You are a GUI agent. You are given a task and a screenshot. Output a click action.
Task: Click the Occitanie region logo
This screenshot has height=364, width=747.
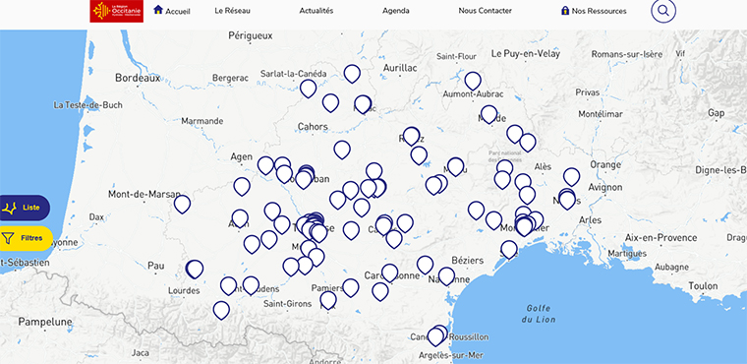pyautogui.click(x=116, y=12)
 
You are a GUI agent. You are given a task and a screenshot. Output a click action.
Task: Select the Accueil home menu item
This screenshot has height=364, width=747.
pyautogui.click(x=172, y=11)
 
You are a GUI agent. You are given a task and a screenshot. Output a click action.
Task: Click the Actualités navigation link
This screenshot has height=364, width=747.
pyautogui.click(x=316, y=11)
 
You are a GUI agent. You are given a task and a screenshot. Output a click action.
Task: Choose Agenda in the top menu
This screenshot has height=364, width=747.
pyautogui.click(x=396, y=11)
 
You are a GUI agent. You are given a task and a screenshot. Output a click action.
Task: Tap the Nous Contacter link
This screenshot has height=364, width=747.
pyautogui.click(x=485, y=11)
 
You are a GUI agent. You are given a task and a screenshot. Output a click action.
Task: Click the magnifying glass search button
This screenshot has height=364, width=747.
pyautogui.click(x=663, y=11)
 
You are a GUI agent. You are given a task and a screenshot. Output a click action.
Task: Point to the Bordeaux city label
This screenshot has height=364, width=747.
pyautogui.click(x=137, y=77)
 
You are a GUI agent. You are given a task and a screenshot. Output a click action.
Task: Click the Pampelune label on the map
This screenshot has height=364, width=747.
pyautogui.click(x=45, y=322)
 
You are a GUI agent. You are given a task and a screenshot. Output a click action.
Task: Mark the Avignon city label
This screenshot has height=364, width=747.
pyautogui.click(x=605, y=186)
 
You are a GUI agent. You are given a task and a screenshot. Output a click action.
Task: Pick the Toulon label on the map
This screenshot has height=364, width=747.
pyautogui.click(x=704, y=286)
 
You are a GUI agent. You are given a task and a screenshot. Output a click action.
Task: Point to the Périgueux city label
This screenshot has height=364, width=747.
pyautogui.click(x=250, y=35)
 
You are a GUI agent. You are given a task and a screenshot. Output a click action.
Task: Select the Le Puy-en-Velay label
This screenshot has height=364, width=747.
pyautogui.click(x=525, y=54)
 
